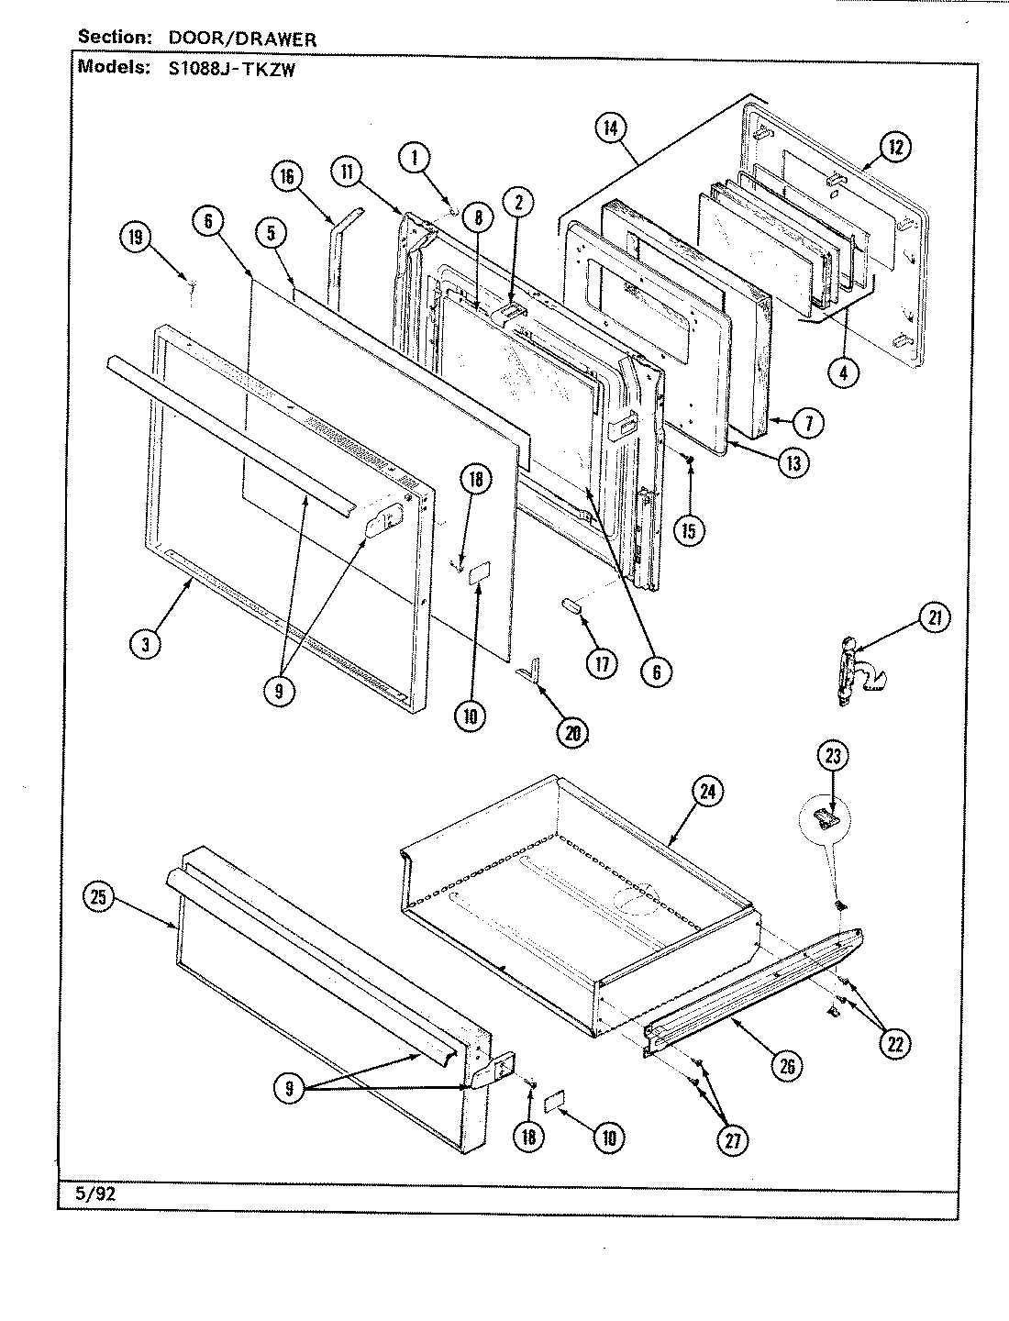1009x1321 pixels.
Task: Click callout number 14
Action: click(609, 128)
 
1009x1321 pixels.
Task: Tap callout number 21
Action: click(933, 619)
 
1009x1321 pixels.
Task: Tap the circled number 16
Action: click(288, 176)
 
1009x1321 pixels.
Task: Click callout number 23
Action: click(834, 757)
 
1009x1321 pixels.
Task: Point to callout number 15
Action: click(692, 528)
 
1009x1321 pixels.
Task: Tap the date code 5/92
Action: click(90, 1193)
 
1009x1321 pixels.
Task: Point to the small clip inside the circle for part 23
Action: click(826, 816)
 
